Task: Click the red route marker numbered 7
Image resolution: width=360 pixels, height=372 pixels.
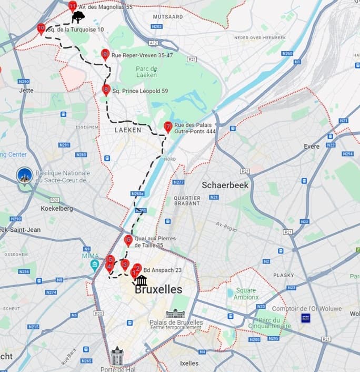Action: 167,127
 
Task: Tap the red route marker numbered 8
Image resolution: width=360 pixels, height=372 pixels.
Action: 106,90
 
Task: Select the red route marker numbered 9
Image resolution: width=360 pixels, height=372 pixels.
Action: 105,54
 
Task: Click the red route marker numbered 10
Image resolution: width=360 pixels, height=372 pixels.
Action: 41,28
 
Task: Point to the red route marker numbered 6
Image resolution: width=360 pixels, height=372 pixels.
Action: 128,241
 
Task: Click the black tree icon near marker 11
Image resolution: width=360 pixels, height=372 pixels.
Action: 78,17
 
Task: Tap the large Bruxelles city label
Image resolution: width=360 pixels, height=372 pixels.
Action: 158,289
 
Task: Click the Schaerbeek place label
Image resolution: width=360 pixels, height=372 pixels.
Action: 222,185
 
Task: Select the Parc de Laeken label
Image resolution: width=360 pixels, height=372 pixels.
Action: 147,72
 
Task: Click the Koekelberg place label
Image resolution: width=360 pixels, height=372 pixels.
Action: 57,209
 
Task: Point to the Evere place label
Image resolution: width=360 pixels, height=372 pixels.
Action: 312,146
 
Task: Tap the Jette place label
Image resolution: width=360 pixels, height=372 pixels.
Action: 26,90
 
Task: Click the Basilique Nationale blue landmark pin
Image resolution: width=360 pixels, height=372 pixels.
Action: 24,175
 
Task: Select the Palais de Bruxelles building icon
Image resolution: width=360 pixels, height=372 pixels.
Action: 175,314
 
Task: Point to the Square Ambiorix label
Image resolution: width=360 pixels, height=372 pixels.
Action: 246,294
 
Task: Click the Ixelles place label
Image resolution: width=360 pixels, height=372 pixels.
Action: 189,363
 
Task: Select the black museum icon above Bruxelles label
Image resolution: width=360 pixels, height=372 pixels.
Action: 141,280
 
